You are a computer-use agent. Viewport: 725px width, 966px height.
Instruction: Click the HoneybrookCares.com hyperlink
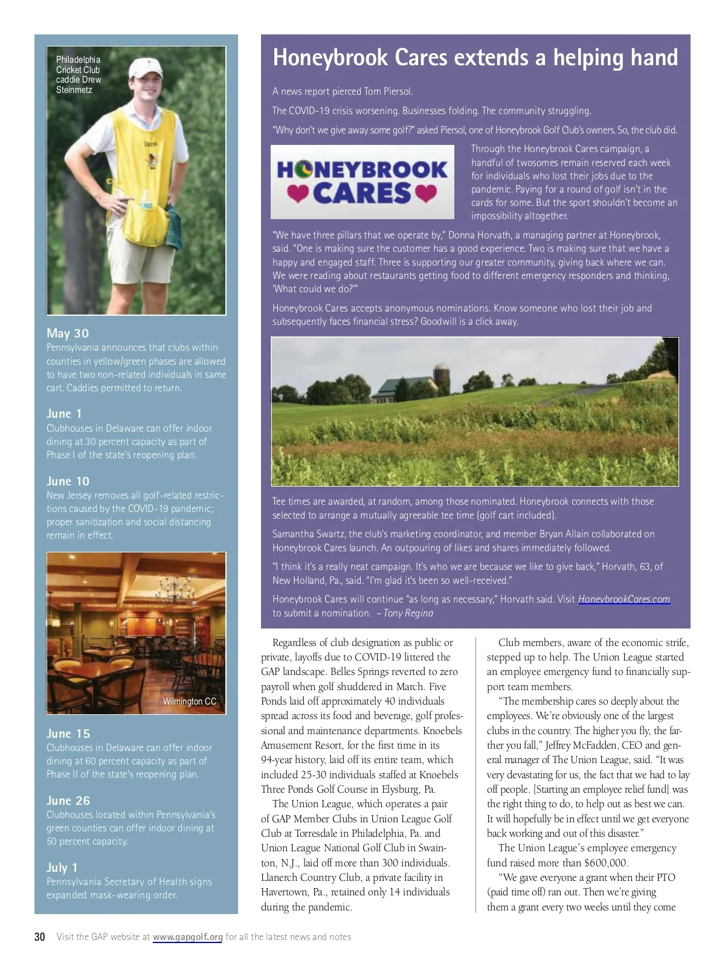click(623, 599)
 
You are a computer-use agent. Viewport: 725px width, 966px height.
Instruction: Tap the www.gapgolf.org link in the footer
click(187, 937)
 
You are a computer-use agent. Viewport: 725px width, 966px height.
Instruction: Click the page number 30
click(40, 937)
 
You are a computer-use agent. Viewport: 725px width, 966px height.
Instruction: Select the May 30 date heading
click(68, 333)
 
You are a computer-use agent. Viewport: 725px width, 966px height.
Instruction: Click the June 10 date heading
click(68, 481)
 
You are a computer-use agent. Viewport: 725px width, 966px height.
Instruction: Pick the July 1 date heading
click(62, 868)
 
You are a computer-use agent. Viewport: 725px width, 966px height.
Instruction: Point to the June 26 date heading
click(68, 801)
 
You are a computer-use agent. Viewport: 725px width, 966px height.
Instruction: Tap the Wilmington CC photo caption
click(189, 702)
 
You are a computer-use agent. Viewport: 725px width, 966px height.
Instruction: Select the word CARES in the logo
click(362, 193)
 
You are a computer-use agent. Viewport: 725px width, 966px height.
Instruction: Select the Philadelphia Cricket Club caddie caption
click(79, 74)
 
